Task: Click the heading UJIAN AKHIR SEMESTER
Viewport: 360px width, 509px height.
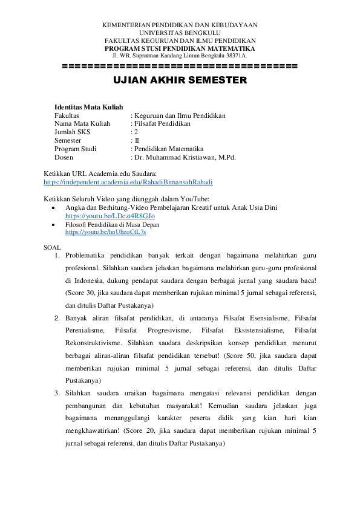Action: point(180,80)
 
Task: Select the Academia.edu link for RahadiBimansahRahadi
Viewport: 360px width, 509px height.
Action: point(128,181)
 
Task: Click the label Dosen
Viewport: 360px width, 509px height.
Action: point(64,158)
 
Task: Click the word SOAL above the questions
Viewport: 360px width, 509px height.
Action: point(52,247)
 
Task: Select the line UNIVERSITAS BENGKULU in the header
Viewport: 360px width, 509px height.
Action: point(180,33)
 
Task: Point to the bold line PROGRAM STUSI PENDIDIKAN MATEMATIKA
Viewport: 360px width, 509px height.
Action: point(180,48)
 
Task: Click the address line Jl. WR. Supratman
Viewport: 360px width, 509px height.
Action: point(180,56)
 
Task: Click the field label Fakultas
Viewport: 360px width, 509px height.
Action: point(67,115)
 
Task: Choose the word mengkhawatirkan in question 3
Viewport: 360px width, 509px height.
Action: point(91,432)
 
